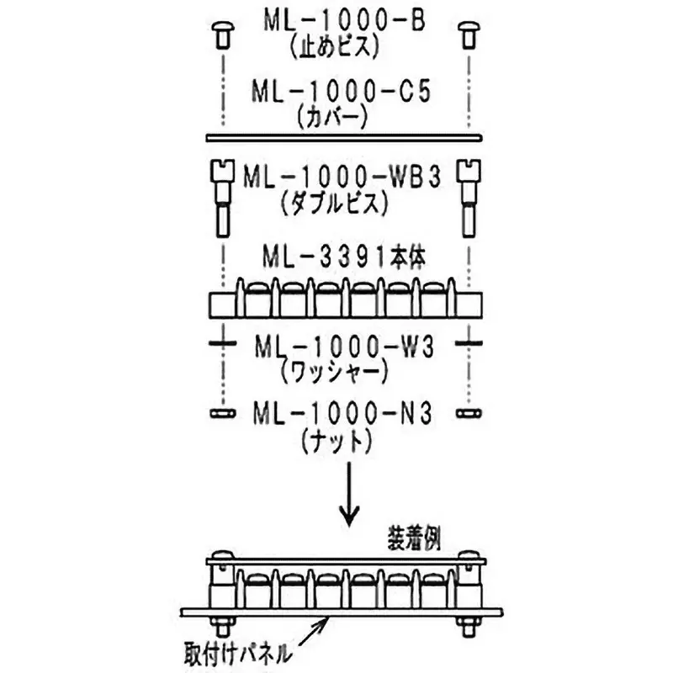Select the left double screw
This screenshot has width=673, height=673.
tap(220, 198)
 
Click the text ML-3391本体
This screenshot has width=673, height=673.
tap(342, 256)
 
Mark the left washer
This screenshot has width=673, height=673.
tap(220, 344)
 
